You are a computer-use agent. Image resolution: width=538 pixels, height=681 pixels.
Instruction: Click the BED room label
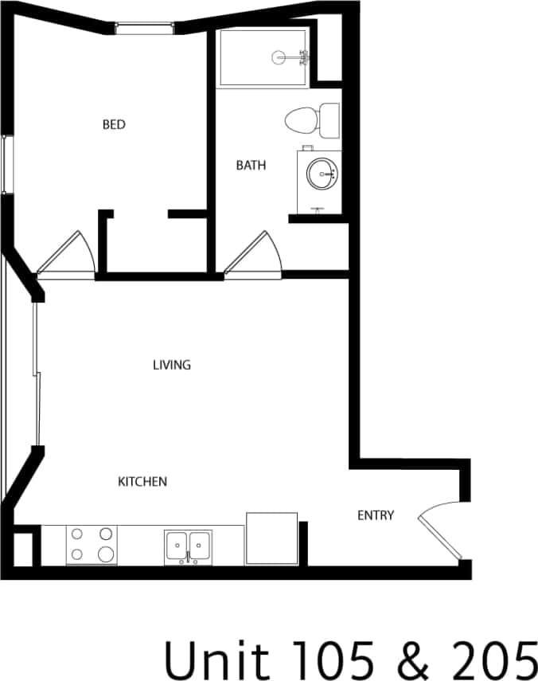click(114, 124)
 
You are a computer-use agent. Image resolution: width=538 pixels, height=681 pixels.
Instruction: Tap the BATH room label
click(251, 166)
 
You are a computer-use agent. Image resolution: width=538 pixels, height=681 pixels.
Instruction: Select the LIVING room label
click(172, 365)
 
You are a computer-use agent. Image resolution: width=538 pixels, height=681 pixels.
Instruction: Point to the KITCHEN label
click(142, 481)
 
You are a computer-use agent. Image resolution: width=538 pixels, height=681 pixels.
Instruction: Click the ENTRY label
click(376, 515)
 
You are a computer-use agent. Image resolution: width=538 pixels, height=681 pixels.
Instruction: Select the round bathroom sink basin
click(322, 173)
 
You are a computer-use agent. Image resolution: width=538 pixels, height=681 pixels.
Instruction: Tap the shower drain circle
click(279, 57)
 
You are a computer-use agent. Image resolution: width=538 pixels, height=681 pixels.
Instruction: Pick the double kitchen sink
click(189, 546)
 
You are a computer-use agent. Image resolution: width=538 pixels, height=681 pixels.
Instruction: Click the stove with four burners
click(92, 546)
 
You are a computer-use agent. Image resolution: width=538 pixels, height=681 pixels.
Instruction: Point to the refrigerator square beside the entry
click(271, 539)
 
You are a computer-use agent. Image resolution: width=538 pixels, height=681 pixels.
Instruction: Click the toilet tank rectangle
click(329, 120)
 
